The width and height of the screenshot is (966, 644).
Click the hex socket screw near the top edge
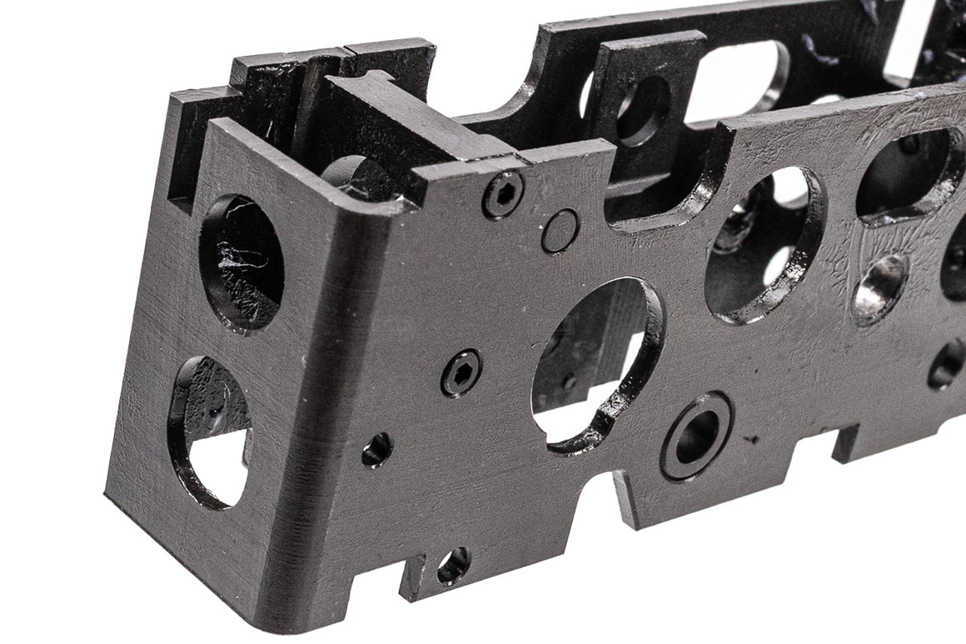503,195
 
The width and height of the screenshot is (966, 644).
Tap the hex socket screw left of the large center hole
461,372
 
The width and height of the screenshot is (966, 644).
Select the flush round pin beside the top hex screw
560,231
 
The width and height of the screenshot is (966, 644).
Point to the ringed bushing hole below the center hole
697,436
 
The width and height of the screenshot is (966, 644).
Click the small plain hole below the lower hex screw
376,450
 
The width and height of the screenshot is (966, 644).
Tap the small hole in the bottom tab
453,566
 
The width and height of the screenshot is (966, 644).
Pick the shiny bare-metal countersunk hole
881,288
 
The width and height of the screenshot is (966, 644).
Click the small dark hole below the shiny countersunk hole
946,366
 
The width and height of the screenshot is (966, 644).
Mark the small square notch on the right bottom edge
844,442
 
